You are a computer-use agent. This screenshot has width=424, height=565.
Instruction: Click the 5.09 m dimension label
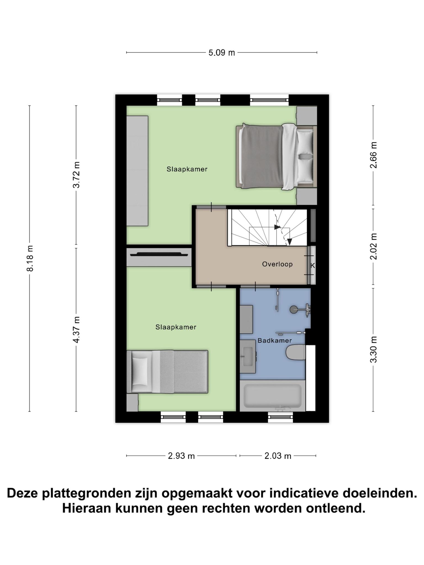coord(221,52)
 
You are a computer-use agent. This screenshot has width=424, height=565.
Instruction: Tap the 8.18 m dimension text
coord(30,258)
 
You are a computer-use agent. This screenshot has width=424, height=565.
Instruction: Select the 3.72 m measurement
coord(76,175)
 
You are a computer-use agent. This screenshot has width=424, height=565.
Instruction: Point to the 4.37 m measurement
coord(76,330)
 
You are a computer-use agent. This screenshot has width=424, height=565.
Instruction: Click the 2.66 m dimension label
coord(373,155)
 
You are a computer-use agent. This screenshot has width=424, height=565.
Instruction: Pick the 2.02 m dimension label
coord(373,246)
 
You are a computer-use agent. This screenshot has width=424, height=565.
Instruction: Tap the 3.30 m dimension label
coord(373,350)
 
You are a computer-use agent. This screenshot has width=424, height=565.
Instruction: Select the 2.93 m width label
coord(181,456)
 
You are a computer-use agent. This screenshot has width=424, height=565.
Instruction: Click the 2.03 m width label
coord(278,456)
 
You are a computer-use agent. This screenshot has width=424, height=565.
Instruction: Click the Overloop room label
coord(277,264)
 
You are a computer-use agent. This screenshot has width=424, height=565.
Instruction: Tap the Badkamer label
coord(274,340)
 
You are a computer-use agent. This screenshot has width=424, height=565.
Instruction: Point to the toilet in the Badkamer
coord(296,352)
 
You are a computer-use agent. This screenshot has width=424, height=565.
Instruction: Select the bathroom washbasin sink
coord(248,356)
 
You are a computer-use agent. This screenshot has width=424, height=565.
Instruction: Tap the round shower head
coord(294,310)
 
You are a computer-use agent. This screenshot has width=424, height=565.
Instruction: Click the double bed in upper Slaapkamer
coord(276,157)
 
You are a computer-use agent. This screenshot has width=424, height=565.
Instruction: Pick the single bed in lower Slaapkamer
coord(167,372)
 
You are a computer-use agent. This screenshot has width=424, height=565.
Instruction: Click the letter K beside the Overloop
coord(312,266)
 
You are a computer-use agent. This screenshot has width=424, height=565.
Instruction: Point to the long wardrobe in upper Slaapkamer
coord(137,171)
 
